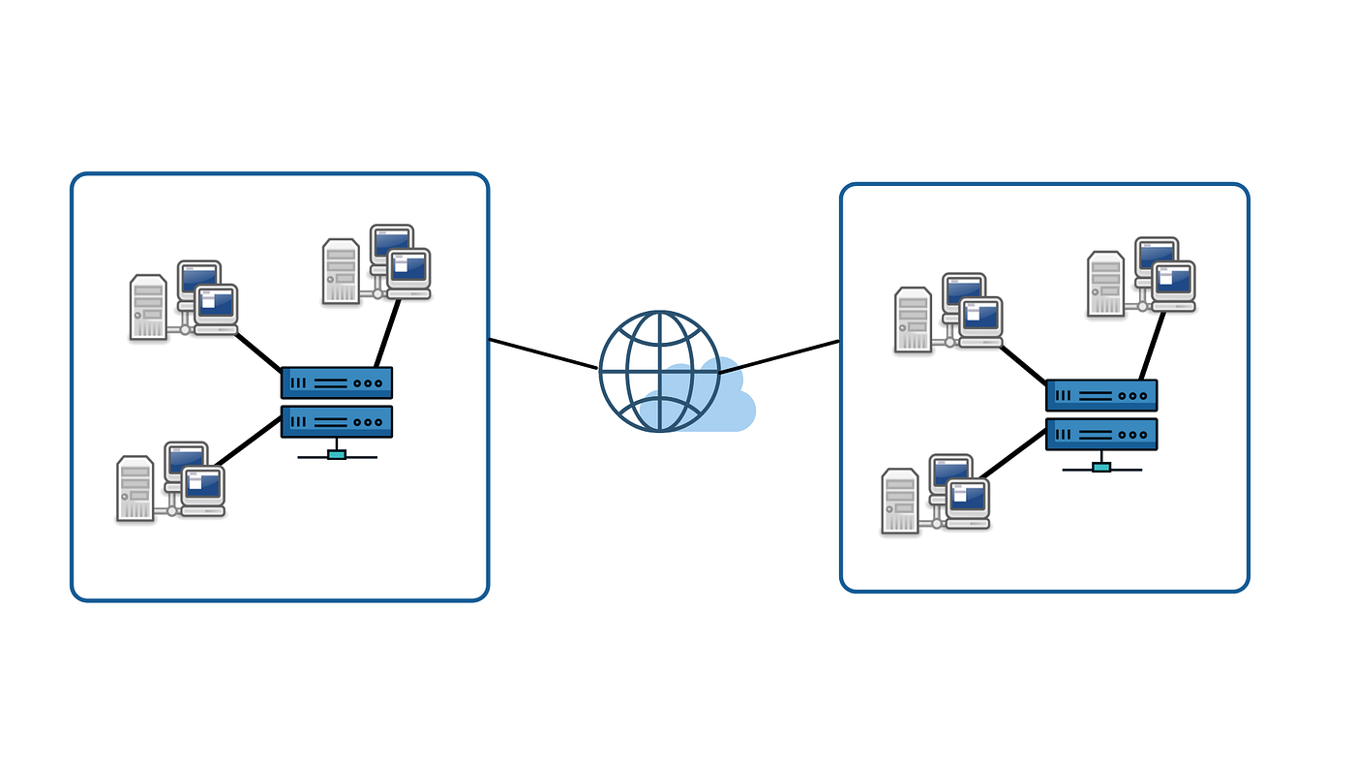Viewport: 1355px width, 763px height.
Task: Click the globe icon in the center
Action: tap(660, 371)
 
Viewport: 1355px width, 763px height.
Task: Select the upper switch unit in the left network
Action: tap(337, 383)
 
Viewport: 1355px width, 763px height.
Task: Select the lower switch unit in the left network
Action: tap(337, 421)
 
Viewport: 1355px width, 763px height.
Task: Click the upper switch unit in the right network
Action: tap(1101, 395)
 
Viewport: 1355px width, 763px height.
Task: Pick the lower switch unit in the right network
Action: tap(1101, 433)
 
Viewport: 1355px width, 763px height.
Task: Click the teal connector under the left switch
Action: tap(337, 454)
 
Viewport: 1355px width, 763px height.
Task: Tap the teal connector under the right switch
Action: tap(1101, 467)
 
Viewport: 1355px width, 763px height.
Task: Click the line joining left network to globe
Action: tap(542, 354)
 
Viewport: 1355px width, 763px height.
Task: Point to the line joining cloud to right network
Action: tap(779, 356)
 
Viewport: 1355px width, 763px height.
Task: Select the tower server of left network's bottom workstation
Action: tap(135, 488)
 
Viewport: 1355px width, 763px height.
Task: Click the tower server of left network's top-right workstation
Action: tap(341, 271)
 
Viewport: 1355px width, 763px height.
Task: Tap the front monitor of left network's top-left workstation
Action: tap(215, 305)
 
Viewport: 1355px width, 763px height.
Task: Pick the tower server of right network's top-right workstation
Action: tap(1105, 283)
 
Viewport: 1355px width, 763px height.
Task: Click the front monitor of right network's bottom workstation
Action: tap(970, 499)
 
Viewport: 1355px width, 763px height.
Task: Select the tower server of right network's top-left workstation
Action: tap(913, 320)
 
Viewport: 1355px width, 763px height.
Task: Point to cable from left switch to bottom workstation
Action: tap(247, 443)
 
